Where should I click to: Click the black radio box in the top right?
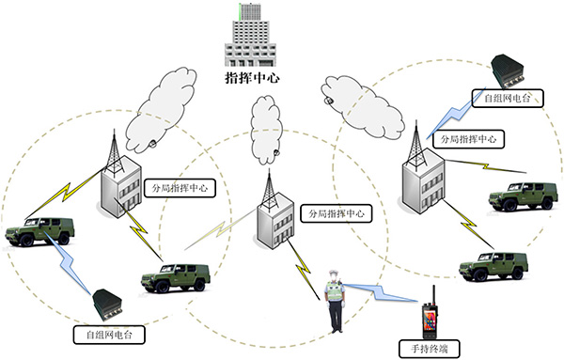[x=514, y=69]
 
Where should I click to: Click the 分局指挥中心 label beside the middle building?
[x=335, y=214]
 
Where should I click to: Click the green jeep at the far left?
[x=37, y=230]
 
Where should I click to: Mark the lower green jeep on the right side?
[x=493, y=265]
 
